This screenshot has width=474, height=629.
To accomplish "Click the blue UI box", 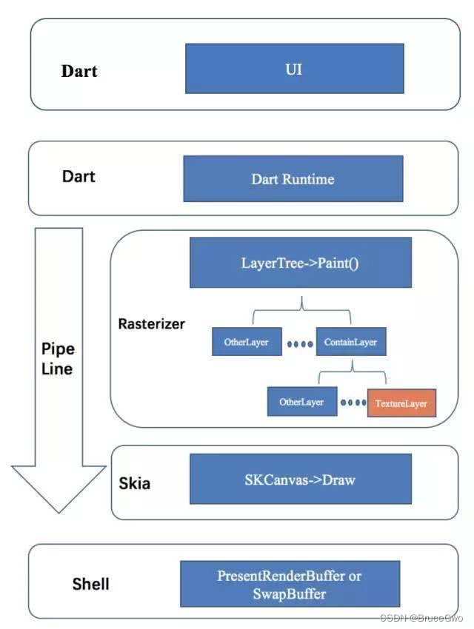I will (x=294, y=68).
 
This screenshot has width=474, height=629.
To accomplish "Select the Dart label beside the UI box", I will (x=79, y=72).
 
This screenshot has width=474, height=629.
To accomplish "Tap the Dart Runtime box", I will (x=293, y=178).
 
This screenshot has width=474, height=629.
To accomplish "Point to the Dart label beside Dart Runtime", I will (x=79, y=177).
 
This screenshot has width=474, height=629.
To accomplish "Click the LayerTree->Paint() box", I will (x=300, y=263).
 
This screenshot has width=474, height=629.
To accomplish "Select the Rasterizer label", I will (x=152, y=324).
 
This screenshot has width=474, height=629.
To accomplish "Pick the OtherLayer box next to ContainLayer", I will (x=246, y=342).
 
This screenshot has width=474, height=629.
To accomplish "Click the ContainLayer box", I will (x=351, y=342).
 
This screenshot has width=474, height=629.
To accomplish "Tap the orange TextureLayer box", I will (x=401, y=403).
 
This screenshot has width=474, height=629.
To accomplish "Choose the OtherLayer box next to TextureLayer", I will (x=301, y=403).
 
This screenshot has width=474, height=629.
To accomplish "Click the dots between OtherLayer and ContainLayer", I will (x=298, y=343).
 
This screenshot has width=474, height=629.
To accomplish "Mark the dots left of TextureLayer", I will (x=353, y=404).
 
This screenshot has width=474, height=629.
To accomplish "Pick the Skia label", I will (x=135, y=484).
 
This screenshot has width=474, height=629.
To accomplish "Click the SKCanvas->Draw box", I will (x=300, y=480).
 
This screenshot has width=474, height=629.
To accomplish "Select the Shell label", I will (x=91, y=584).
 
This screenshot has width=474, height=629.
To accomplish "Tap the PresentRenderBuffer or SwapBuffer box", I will (x=290, y=585).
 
